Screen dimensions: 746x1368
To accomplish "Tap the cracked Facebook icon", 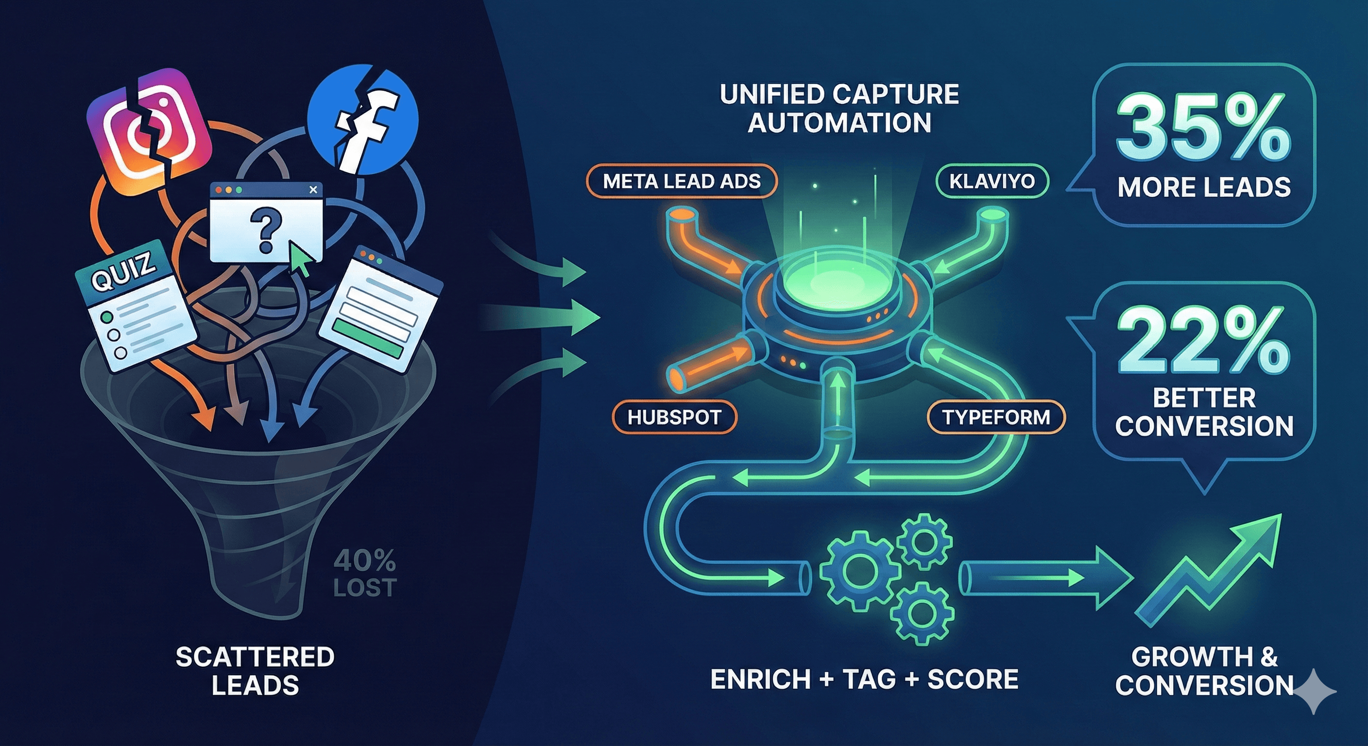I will pos(363,119).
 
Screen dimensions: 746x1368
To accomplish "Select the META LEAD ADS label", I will pos(682,182).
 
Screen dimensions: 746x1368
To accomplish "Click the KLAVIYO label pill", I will pos(992,182).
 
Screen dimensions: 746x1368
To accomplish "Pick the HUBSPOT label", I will pos(674,417).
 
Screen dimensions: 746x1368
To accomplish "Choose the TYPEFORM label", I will pos(996,417).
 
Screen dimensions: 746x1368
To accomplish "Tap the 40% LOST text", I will pos(365,574).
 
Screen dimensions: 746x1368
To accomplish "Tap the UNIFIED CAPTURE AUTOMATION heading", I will pos(839,108).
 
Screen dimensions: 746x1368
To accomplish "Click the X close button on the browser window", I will pos(313,189).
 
